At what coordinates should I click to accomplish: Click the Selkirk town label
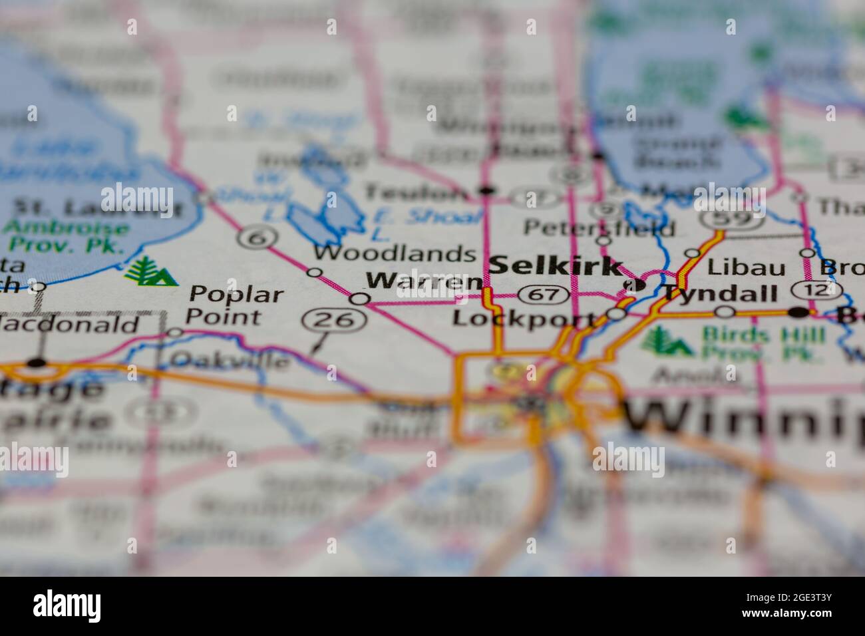click(556, 265)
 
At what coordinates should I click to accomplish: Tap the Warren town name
click(424, 281)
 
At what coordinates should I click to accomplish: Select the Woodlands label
click(395, 253)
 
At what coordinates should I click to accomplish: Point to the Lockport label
click(524, 318)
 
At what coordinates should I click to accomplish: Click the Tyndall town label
click(719, 293)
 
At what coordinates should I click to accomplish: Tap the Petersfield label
click(599, 228)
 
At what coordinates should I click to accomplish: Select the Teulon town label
click(416, 193)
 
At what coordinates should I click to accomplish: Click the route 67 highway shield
click(544, 293)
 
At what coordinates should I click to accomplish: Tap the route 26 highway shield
click(334, 321)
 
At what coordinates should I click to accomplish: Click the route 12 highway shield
click(817, 290)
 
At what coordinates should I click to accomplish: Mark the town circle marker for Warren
click(360, 299)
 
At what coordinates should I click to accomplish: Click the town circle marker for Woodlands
click(315, 272)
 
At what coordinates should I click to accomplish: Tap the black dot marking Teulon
click(487, 191)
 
